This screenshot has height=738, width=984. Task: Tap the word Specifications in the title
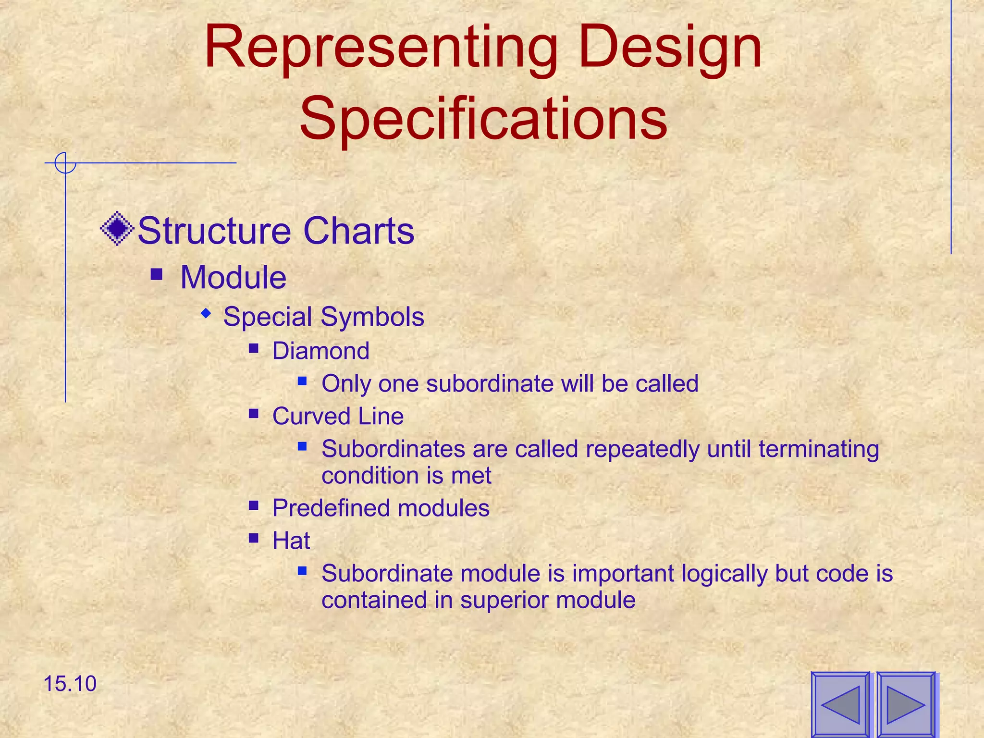483,119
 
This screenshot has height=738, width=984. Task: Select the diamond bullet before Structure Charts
117,229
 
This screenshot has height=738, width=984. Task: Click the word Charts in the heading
358,231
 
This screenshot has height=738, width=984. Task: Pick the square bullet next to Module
156,275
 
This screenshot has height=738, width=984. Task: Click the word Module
233,278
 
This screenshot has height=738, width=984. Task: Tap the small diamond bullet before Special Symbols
206,314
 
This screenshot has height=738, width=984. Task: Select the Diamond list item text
320,351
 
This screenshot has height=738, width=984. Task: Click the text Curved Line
338,416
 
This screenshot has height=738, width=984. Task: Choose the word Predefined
330,508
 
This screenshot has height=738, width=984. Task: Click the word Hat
291,541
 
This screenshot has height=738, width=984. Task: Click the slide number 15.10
70,684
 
